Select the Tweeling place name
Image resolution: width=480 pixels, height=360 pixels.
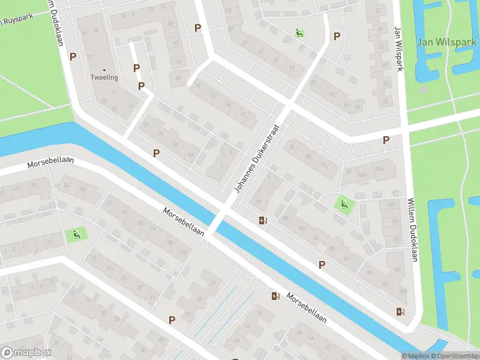click(x=104, y=77)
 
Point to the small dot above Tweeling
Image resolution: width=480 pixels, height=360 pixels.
click(x=104, y=70)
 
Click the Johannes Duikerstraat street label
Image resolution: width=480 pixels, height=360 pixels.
click(x=257, y=159)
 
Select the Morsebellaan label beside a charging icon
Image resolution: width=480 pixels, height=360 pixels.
click(x=306, y=308)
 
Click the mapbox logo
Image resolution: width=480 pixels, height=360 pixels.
click(x=26, y=352)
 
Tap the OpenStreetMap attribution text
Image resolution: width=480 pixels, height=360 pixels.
click(x=457, y=356)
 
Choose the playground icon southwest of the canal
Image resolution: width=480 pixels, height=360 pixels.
click(x=76, y=235)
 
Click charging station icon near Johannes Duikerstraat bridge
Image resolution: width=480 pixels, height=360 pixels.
click(x=263, y=220)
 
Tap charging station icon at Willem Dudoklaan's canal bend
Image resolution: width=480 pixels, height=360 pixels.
click(x=400, y=311)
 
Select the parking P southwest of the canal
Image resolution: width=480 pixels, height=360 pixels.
click(x=172, y=320)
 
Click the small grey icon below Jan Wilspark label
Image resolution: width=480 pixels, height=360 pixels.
click(x=422, y=89)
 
